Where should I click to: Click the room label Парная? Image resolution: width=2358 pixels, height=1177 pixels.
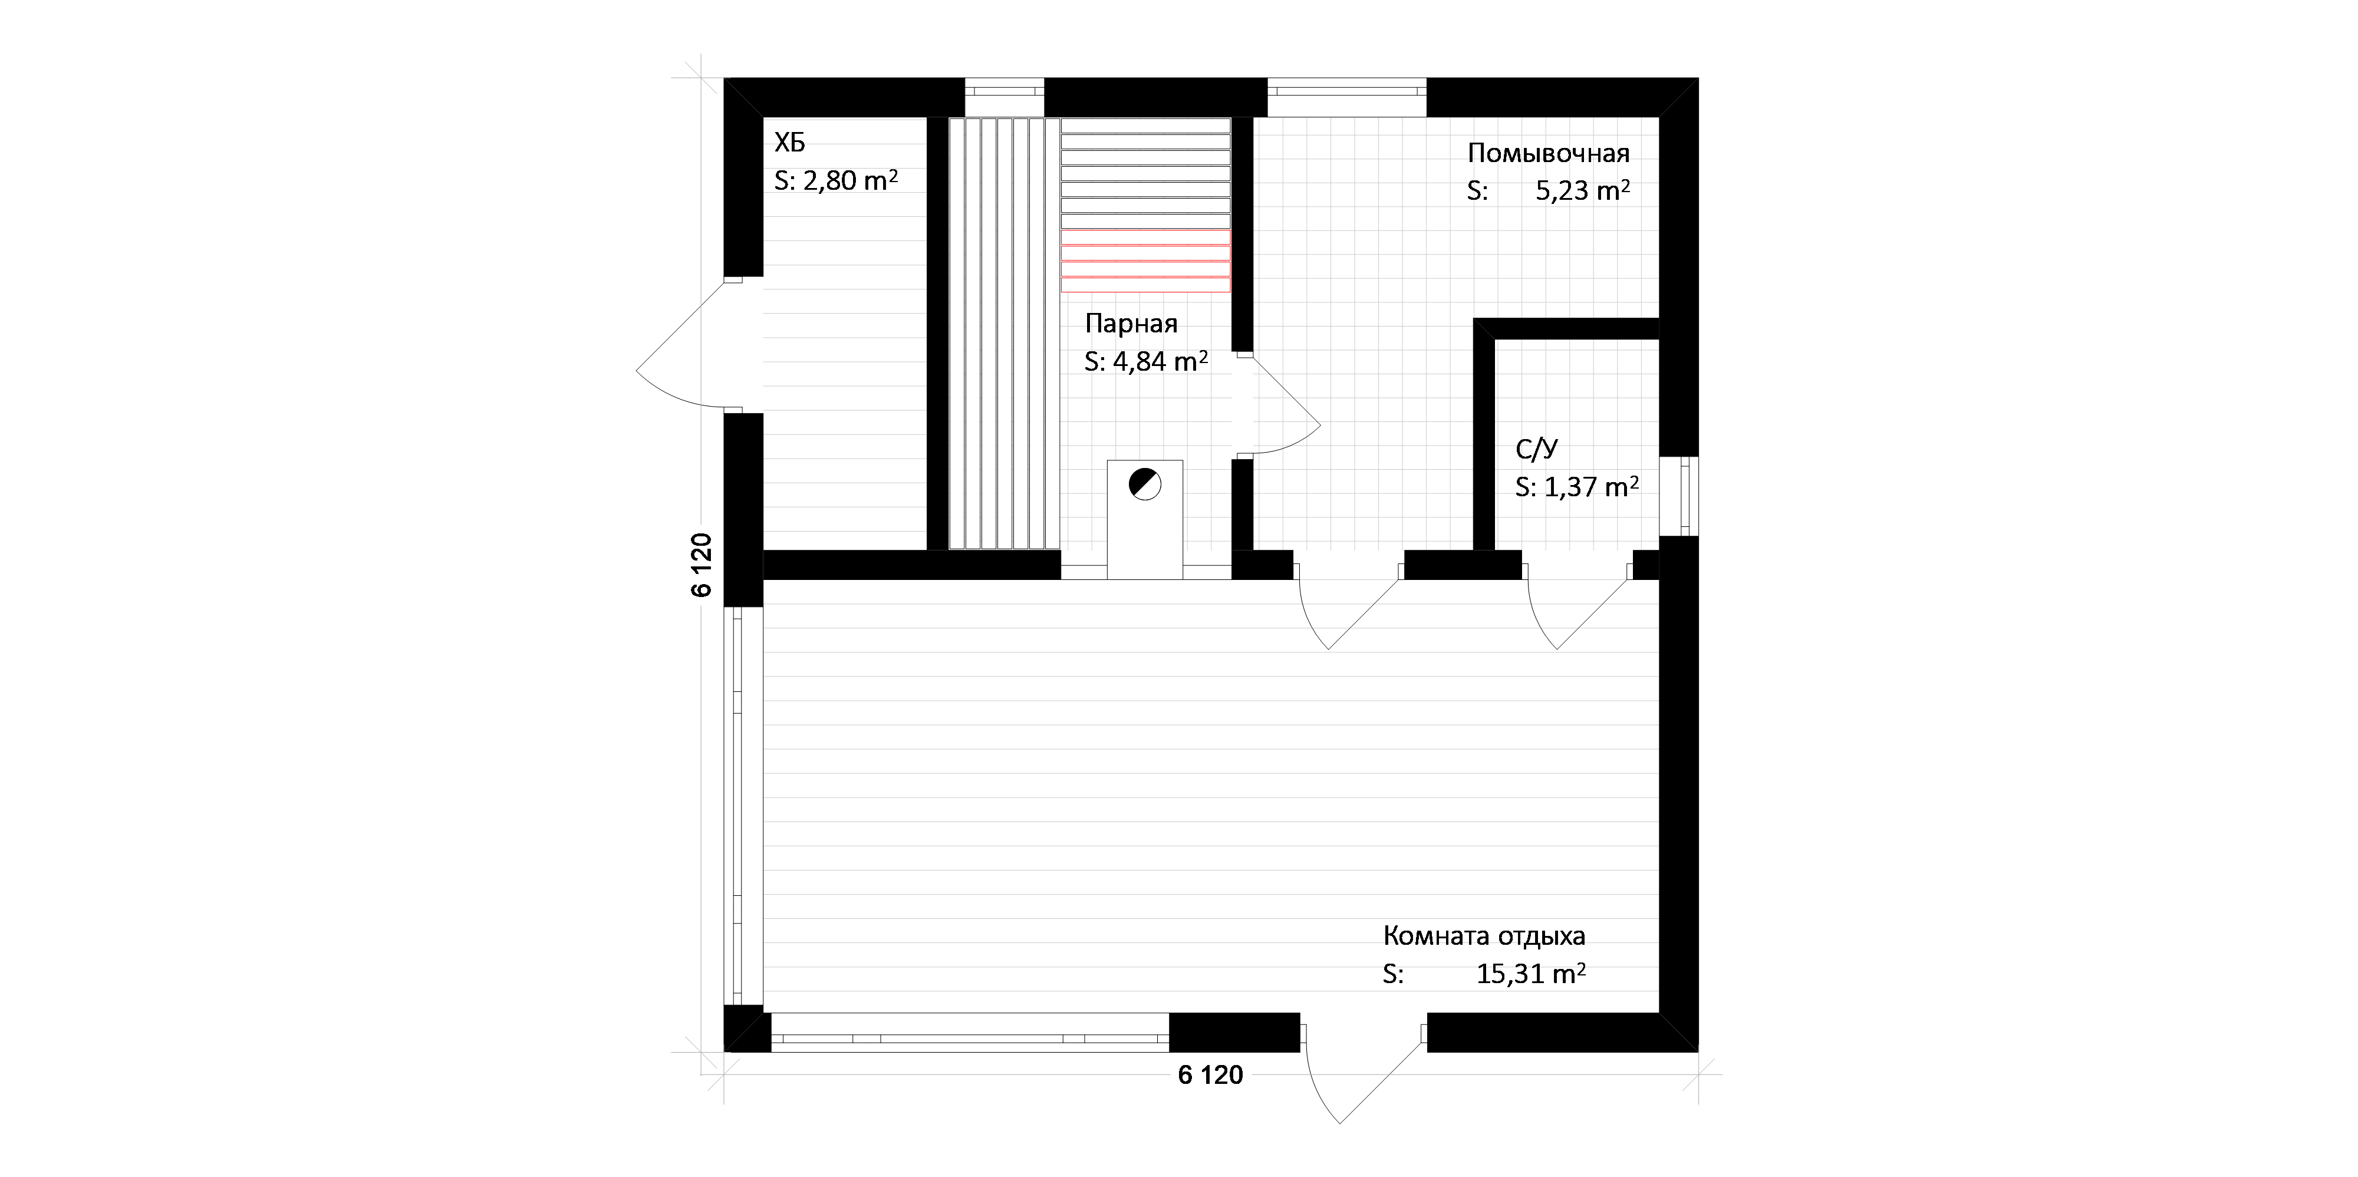[x=1131, y=324]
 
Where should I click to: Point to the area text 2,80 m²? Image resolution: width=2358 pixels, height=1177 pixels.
[x=851, y=180]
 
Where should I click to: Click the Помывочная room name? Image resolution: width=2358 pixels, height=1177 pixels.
[x=1549, y=153]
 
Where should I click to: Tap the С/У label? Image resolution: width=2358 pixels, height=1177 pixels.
[x=1537, y=449]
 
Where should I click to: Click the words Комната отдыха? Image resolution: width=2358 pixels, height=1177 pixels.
[x=1484, y=937]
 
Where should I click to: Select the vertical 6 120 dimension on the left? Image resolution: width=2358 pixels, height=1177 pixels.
[x=701, y=565]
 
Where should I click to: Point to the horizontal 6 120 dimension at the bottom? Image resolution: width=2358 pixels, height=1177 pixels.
[x=1210, y=1076]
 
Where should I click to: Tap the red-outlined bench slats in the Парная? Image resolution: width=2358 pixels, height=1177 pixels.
[x=1145, y=268]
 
